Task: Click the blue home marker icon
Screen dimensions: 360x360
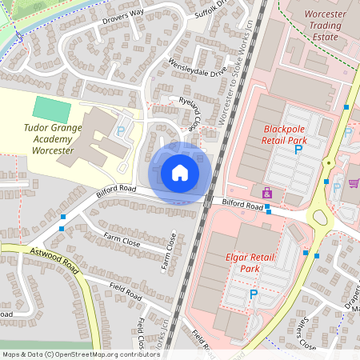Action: pos(180,173)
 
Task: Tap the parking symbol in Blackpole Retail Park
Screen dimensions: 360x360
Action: pos(299,149)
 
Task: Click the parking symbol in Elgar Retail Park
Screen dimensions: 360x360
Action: pos(254,294)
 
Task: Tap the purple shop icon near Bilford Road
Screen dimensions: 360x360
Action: pos(266,193)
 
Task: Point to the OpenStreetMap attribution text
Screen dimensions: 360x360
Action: pos(81,354)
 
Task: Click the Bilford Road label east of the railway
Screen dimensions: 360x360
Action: pos(242,206)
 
